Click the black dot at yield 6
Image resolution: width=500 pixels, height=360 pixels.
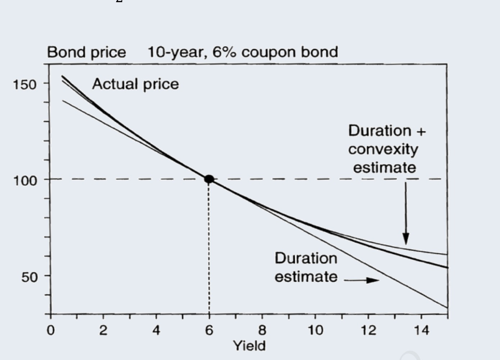pyautogui.click(x=209, y=179)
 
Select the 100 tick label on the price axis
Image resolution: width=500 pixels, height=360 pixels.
pyautogui.click(x=25, y=180)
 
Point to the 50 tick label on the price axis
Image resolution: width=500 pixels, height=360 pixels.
pyautogui.click(x=29, y=277)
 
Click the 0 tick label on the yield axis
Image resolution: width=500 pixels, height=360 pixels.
pyautogui.click(x=51, y=330)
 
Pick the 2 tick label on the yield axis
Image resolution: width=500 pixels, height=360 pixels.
pyautogui.click(x=103, y=330)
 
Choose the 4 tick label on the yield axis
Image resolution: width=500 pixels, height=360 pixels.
pyautogui.click(x=156, y=330)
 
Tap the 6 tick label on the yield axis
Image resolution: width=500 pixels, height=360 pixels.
pyautogui.click(x=209, y=330)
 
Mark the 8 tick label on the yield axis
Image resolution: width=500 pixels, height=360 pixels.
pyautogui.click(x=262, y=330)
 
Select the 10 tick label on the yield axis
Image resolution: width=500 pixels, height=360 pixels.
pyautogui.click(x=315, y=330)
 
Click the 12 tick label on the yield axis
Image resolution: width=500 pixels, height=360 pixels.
pyautogui.click(x=368, y=330)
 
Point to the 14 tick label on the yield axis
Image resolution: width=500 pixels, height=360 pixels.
pyautogui.click(x=421, y=330)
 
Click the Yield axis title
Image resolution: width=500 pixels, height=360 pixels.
pyautogui.click(x=249, y=346)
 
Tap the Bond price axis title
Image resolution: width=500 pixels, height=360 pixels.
pyautogui.click(x=86, y=53)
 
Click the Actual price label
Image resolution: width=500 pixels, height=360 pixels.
pyautogui.click(x=135, y=84)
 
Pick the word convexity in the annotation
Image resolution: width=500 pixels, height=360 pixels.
pyautogui.click(x=383, y=149)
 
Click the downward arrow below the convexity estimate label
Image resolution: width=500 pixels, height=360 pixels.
pyautogui.click(x=406, y=216)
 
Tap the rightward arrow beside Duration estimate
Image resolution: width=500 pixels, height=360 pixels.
pyautogui.click(x=363, y=280)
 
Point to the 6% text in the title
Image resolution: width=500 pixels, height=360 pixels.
pyautogui.click(x=224, y=52)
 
